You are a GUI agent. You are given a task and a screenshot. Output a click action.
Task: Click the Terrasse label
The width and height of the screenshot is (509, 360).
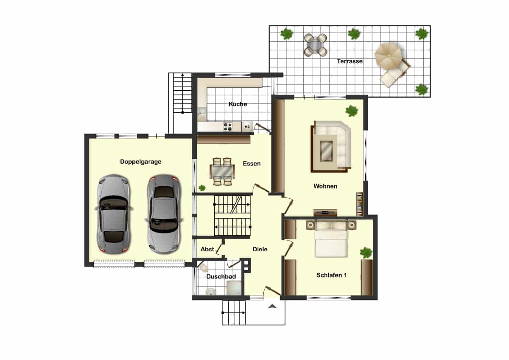pos(350,61)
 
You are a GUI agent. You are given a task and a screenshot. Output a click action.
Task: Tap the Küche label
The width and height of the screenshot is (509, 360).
pos(238,104)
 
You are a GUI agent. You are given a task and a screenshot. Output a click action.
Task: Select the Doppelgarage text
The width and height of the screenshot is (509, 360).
pos(141,162)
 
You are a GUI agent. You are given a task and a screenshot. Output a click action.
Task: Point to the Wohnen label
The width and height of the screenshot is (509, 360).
pos(325,186)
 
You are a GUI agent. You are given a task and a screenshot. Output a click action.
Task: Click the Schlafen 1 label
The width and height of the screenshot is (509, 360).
pos(332,275)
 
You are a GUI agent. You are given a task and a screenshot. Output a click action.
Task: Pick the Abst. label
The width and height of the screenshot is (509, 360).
pos(208,249)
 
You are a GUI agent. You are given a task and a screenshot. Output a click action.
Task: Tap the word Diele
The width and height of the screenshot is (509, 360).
pos(260,249)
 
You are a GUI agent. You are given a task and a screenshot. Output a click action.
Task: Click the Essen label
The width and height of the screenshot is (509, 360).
pos(252,163)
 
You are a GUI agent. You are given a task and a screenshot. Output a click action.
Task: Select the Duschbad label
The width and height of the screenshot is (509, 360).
pos(221,276)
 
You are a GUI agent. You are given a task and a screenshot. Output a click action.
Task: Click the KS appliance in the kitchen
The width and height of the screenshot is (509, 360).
pos(247,127)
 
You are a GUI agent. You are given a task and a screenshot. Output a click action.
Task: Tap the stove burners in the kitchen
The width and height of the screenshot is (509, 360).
pos(228,127)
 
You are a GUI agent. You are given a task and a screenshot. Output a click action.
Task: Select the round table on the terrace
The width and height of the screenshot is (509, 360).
pos(316,45)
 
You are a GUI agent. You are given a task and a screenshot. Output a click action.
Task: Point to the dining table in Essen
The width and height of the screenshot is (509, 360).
pos(222,172)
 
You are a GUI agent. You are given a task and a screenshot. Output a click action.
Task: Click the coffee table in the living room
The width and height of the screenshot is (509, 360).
pos(327,151)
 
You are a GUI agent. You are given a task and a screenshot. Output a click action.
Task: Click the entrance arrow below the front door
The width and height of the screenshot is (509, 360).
pos(272,307)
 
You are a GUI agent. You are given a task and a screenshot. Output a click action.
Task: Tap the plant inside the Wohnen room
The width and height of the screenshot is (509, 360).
pos(352,111)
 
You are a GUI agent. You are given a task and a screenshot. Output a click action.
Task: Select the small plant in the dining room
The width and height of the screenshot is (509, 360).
pos(202,188)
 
